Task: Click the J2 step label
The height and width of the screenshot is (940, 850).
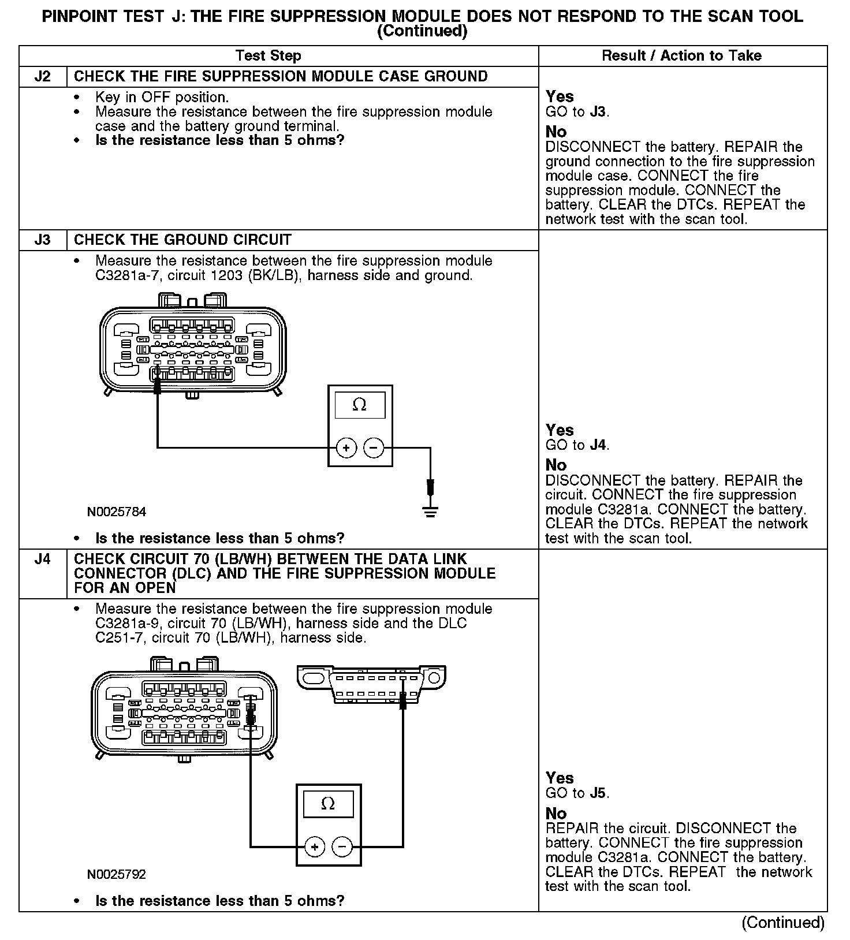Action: (x=43, y=77)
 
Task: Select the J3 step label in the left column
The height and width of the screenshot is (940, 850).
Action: (x=43, y=240)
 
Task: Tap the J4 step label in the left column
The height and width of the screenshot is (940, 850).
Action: (x=43, y=559)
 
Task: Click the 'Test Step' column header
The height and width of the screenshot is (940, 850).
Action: (x=269, y=56)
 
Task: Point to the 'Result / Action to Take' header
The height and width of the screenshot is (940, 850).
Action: (x=681, y=56)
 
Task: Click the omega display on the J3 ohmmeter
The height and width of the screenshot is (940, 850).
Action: (x=360, y=405)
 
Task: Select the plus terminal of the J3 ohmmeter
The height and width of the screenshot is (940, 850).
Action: (x=346, y=447)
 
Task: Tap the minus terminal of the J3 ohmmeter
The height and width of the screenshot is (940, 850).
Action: (x=374, y=447)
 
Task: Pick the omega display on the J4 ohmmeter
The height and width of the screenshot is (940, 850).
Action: (x=328, y=804)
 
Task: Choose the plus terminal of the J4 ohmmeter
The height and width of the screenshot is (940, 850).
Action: (x=315, y=847)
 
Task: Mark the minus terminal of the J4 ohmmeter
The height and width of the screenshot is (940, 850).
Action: (x=342, y=847)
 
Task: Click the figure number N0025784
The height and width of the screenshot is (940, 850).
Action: (x=117, y=512)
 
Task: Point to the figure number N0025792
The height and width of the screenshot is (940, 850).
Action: (x=117, y=875)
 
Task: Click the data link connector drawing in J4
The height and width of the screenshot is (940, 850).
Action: (x=371, y=684)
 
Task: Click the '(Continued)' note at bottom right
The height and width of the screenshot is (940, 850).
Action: (x=783, y=923)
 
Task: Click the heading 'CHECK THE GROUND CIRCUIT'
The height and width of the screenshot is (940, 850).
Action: (x=183, y=240)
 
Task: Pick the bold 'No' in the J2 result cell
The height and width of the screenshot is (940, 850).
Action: (x=556, y=132)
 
